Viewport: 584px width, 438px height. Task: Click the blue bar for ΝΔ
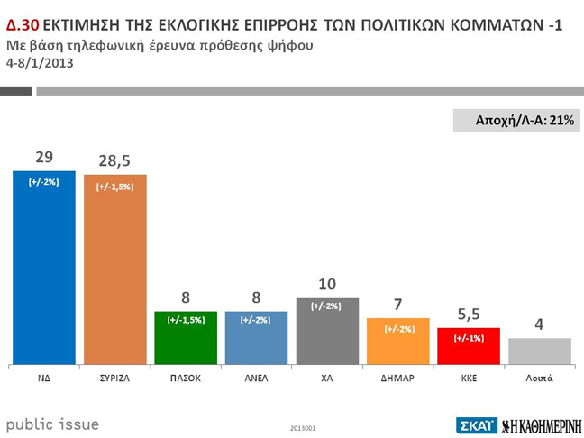coord(43,270)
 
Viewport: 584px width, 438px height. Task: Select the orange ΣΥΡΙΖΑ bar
coord(114,270)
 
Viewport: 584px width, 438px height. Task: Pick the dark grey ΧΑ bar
coord(327,333)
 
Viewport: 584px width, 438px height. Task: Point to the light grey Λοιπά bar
coord(539,351)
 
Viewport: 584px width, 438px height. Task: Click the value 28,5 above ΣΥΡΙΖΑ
coord(114,160)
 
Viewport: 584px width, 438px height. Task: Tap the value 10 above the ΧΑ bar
coord(327,284)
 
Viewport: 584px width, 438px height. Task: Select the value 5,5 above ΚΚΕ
coord(469,315)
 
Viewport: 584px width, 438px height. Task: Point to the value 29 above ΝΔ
coord(43,157)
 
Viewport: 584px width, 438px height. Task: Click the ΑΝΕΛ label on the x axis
coord(257,379)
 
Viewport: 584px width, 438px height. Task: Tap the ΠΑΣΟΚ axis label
coord(186,379)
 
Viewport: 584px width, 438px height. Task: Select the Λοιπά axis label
coord(539,379)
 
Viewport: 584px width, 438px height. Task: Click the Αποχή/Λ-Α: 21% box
coord(516,121)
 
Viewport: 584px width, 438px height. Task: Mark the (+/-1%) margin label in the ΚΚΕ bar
coord(469,338)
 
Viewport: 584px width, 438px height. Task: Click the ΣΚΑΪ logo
coord(476,424)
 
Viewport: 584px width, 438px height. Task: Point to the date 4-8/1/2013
coord(40,64)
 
